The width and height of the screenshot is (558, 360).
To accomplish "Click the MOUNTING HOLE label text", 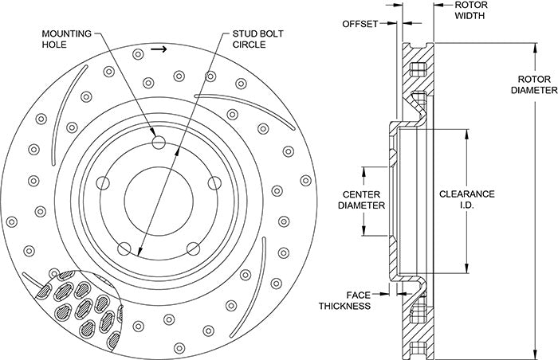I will click(x=67, y=40).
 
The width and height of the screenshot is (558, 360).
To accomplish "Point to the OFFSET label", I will click(x=360, y=23).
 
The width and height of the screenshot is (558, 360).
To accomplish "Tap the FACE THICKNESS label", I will click(x=344, y=299).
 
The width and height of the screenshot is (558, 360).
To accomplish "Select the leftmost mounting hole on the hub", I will click(x=103, y=183).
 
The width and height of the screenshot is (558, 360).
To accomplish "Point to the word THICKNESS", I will click(x=344, y=305).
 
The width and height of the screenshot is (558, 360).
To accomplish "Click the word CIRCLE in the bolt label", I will click(x=250, y=45).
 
